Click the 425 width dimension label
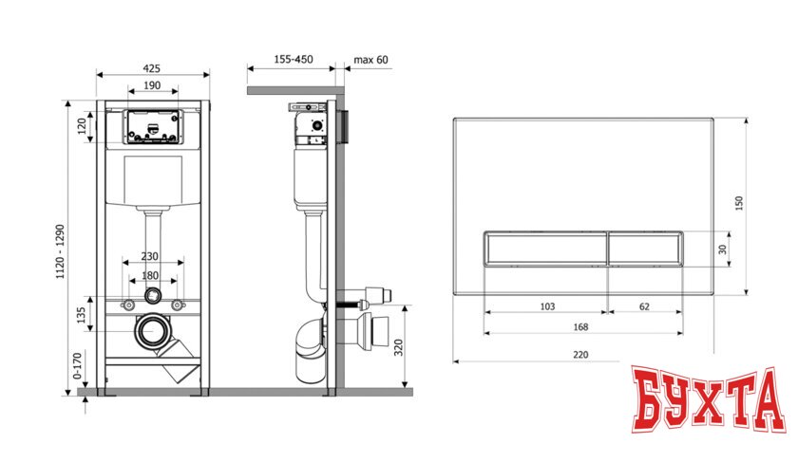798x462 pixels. tap(152, 68)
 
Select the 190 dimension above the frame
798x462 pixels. tap(152, 85)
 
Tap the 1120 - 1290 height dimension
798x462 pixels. tap(61, 251)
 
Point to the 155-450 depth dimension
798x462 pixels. tap(294, 59)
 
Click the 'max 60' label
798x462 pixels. tap(371, 60)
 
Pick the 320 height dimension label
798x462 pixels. tap(399, 347)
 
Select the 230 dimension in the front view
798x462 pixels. tap(150, 257)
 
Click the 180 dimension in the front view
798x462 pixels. tap(150, 275)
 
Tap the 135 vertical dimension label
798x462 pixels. tap(81, 315)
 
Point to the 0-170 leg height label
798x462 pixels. tap(77, 366)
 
